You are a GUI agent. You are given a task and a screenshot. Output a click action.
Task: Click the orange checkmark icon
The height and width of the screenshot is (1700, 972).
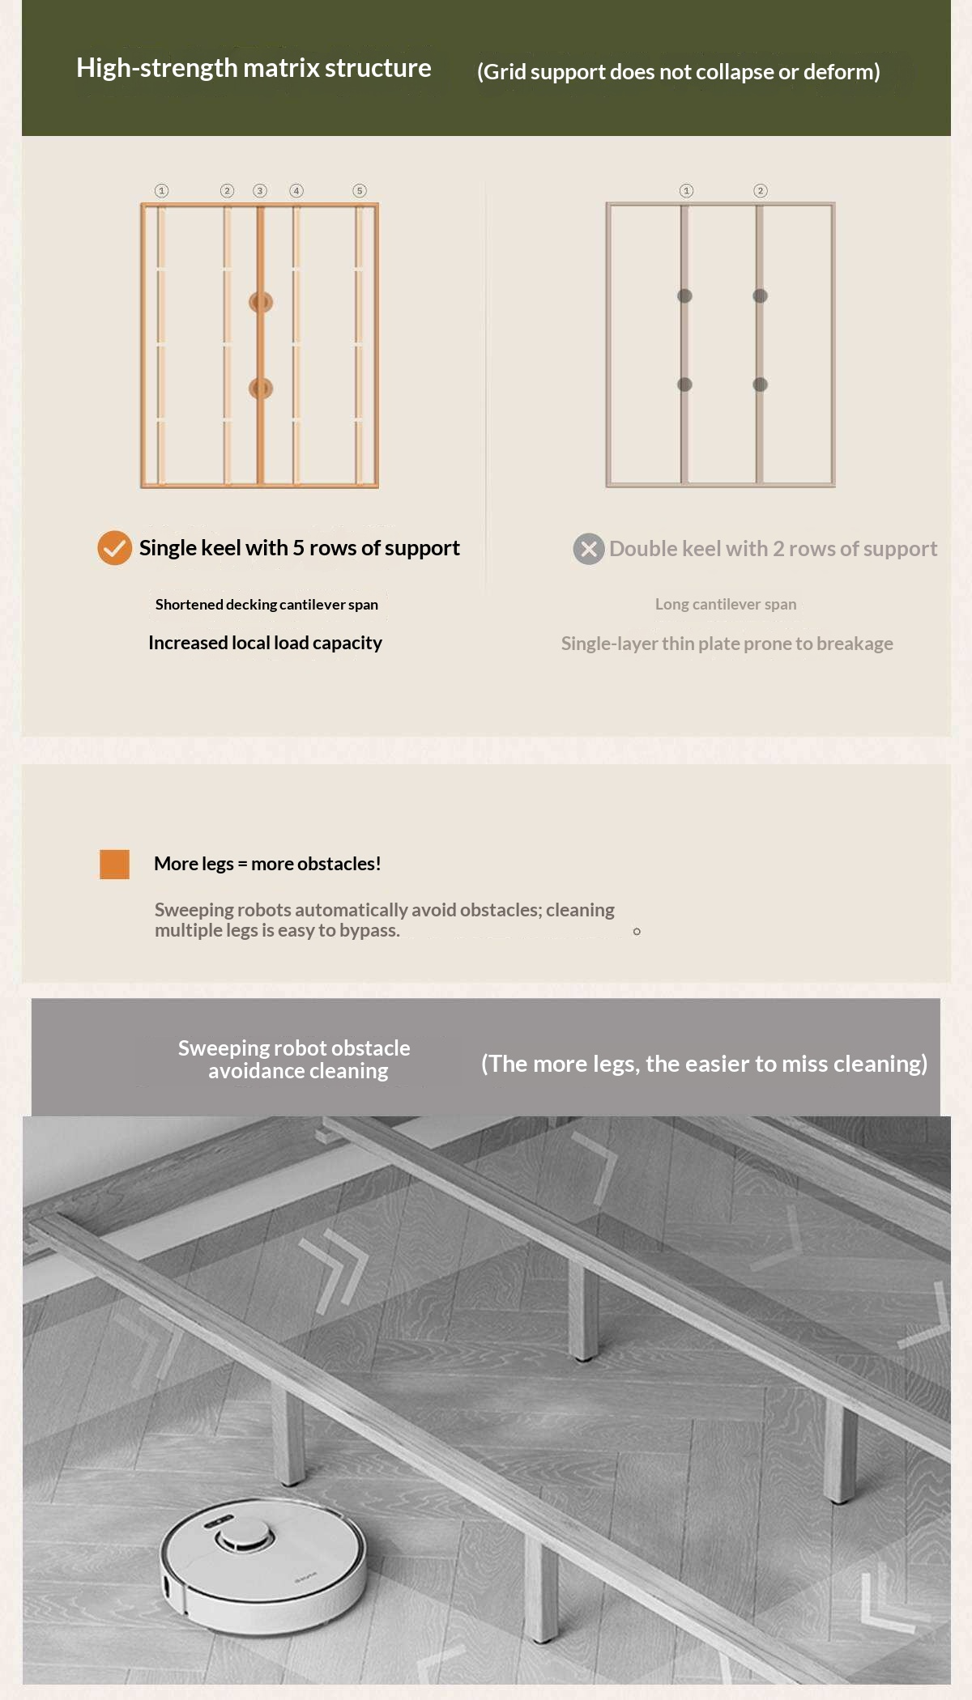pyautogui.click(x=115, y=548)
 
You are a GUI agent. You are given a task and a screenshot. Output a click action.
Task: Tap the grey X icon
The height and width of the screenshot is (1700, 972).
pyautogui.click(x=589, y=549)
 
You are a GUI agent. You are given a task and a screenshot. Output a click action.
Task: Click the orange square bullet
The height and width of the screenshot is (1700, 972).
pyautogui.click(x=114, y=864)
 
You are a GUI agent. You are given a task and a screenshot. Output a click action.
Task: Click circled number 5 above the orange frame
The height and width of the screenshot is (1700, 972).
pyautogui.click(x=360, y=191)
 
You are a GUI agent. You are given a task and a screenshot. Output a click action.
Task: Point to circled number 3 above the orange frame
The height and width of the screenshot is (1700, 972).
pyautogui.click(x=260, y=191)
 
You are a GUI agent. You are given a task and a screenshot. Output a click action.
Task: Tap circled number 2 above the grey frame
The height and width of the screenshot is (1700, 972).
pyautogui.click(x=760, y=191)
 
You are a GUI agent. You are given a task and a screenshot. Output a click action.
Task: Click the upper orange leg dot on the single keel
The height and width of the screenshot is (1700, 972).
pyautogui.click(x=261, y=302)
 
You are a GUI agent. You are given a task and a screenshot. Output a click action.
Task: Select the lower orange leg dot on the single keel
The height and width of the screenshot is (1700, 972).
pyautogui.click(x=261, y=389)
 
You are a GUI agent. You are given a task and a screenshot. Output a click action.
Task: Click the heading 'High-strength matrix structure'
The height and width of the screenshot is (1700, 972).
pyautogui.click(x=254, y=68)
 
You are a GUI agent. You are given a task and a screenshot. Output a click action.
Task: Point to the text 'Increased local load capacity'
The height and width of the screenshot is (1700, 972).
pyautogui.click(x=265, y=643)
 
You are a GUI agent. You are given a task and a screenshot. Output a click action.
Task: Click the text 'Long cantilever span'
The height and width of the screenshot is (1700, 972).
pyautogui.click(x=726, y=604)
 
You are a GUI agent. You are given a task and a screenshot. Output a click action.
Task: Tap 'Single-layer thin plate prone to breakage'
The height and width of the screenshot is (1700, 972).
pyautogui.click(x=727, y=644)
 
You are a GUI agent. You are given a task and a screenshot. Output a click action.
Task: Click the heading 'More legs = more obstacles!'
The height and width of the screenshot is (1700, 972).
pyautogui.click(x=267, y=864)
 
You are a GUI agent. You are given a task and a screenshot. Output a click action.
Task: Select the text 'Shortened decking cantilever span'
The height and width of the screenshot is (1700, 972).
pyautogui.click(x=266, y=604)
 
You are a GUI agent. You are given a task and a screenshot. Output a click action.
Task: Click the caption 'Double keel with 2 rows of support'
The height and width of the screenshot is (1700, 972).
pyautogui.click(x=774, y=549)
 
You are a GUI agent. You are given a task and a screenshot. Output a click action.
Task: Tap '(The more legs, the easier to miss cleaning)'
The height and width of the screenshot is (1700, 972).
pyautogui.click(x=704, y=1064)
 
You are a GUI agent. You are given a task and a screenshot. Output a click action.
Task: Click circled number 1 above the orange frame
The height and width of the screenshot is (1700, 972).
pyautogui.click(x=162, y=191)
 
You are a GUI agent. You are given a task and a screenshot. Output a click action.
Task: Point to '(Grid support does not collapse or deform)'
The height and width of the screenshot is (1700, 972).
pyautogui.click(x=679, y=72)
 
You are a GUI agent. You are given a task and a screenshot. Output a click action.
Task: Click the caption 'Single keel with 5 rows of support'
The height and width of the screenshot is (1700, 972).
pyautogui.click(x=300, y=548)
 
